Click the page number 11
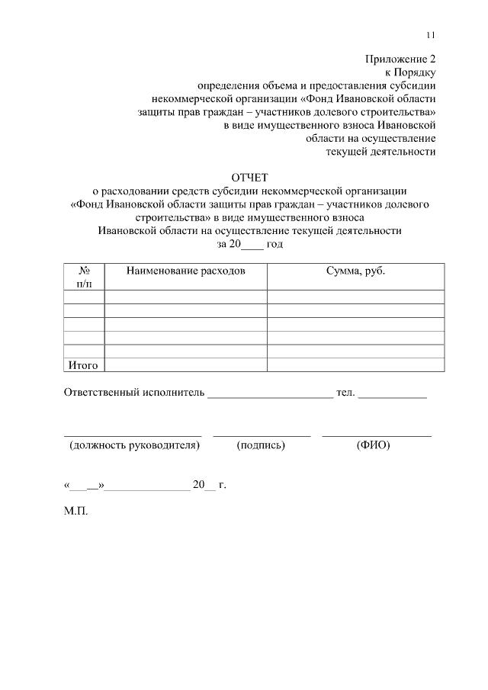431,35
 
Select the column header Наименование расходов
186,271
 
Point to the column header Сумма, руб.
355,271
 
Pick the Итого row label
83,365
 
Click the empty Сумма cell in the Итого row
355,364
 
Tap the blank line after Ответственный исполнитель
270,395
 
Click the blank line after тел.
392,395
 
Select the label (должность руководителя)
133,445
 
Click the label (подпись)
262,445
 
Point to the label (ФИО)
373,445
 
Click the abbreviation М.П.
76,512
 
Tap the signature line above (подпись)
262,435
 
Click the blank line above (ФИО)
376,435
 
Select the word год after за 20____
274,244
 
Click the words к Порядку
411,72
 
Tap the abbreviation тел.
345,393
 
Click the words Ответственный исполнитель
134,393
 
